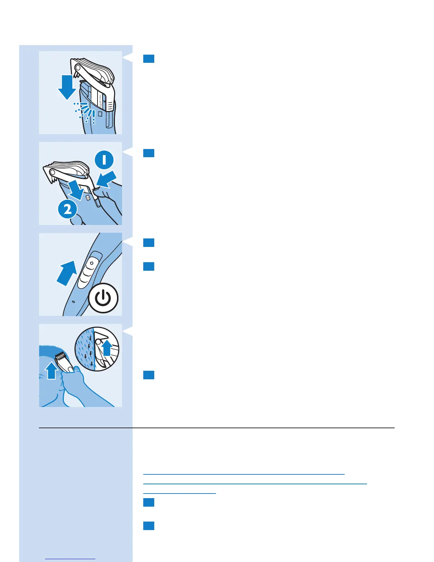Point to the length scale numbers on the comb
pyautogui.click(x=100, y=101)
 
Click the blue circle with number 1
pyautogui.click(x=104, y=160)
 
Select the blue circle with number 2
pyautogui.click(x=68, y=209)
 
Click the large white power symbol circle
pyautogui.click(x=103, y=298)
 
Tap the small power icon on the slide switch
pyautogui.click(x=91, y=263)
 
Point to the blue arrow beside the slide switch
pyautogui.click(x=67, y=272)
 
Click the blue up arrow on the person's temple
pyautogui.click(x=52, y=371)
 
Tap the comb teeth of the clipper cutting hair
pyautogui.click(x=61, y=355)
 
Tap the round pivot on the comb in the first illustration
pyautogui.click(x=77, y=66)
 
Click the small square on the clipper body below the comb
pyautogui.click(x=100, y=115)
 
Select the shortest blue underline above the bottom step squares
pyautogui.click(x=179, y=493)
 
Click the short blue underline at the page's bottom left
pyautogui.click(x=70, y=559)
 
